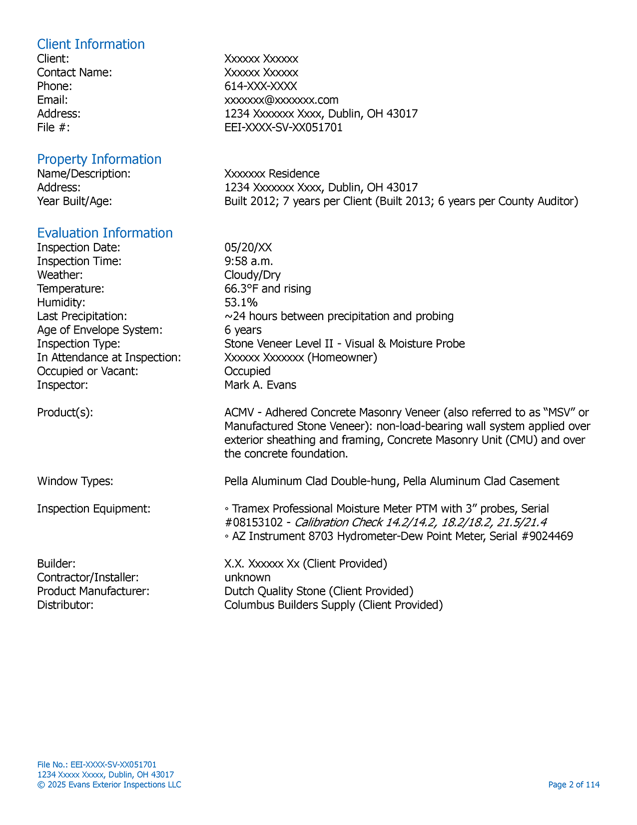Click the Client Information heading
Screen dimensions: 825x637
[x=90, y=44]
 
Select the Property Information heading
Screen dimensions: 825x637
[x=99, y=159]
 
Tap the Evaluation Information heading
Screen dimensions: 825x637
[x=104, y=233]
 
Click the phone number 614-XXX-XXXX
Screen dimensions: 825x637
[x=260, y=86]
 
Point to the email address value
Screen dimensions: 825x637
[x=281, y=100]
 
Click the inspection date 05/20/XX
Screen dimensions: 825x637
[x=248, y=247]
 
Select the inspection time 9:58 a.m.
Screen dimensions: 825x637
[x=248, y=261]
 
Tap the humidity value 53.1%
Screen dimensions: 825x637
[x=241, y=302]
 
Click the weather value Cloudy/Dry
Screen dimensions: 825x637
[x=252, y=275]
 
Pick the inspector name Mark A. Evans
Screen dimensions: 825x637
[x=260, y=385]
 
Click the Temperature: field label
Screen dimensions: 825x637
[x=70, y=289]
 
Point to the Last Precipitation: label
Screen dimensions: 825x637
[x=82, y=316]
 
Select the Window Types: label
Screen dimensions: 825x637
[x=75, y=481]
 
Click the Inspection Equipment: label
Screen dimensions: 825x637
[x=93, y=509]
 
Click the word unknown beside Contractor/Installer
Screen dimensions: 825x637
[x=247, y=577]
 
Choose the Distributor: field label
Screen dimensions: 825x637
[x=65, y=605]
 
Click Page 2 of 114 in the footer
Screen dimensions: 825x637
[x=574, y=784]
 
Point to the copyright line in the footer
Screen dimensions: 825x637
[x=109, y=784]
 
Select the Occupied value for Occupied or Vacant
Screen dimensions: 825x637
[x=247, y=371]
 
